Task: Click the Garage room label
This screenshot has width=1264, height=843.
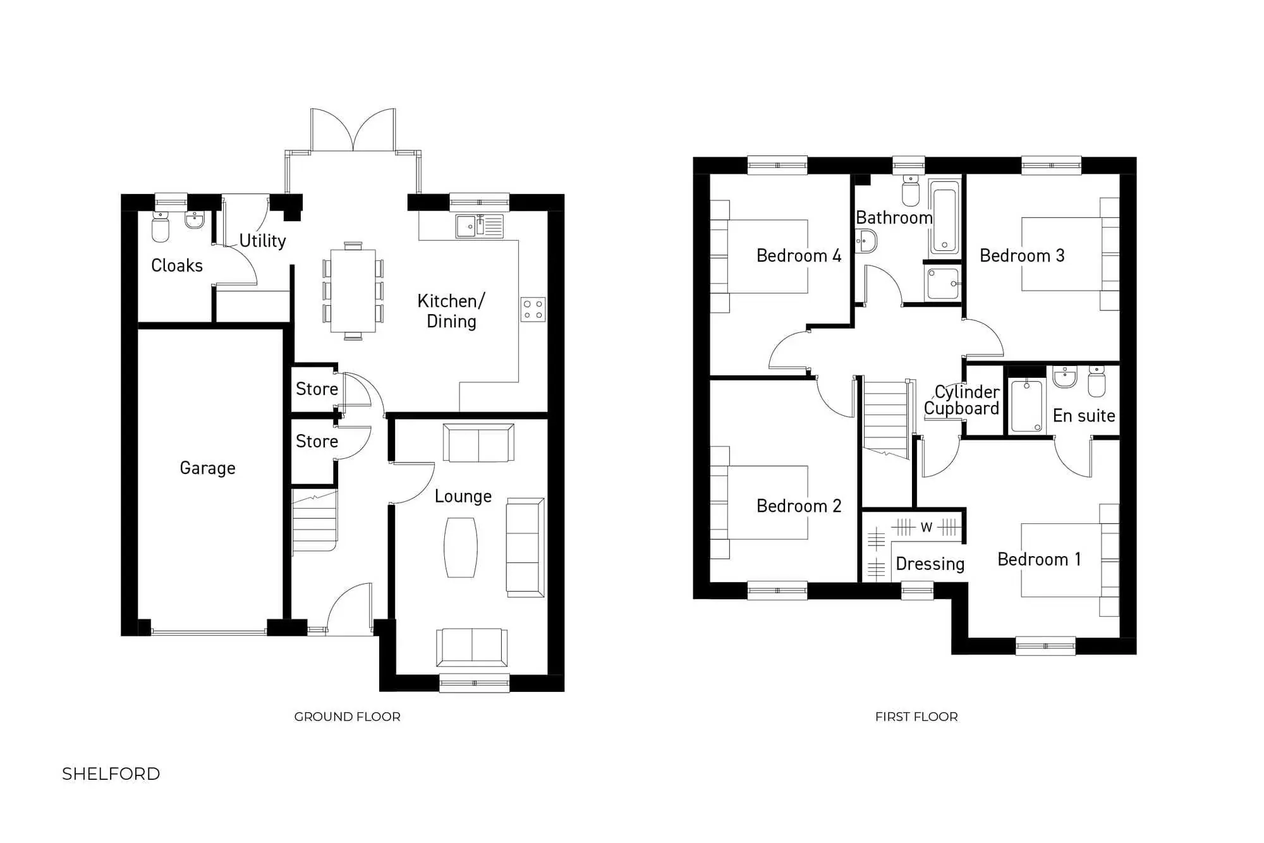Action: [207, 468]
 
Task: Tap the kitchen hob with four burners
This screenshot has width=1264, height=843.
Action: [533, 309]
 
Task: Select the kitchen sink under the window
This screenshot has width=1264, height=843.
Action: [479, 226]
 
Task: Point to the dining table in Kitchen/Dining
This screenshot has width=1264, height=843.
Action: [353, 291]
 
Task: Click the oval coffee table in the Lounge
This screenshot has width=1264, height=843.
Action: [461, 547]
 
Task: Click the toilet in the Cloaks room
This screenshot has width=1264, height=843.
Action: [161, 227]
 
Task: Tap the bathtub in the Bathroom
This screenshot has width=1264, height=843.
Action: [944, 217]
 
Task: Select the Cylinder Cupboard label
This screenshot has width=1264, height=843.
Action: [961, 400]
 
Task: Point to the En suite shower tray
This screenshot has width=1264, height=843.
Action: [1026, 406]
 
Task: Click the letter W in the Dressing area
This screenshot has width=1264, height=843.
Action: [926, 527]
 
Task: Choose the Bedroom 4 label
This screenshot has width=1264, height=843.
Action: [798, 255]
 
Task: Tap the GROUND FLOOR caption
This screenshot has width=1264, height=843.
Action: [347, 717]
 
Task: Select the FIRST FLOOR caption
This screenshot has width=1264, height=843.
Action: [916, 717]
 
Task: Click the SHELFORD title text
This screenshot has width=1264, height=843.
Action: [111, 773]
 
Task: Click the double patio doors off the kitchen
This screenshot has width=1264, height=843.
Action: [353, 131]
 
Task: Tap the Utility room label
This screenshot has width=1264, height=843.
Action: [262, 241]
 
